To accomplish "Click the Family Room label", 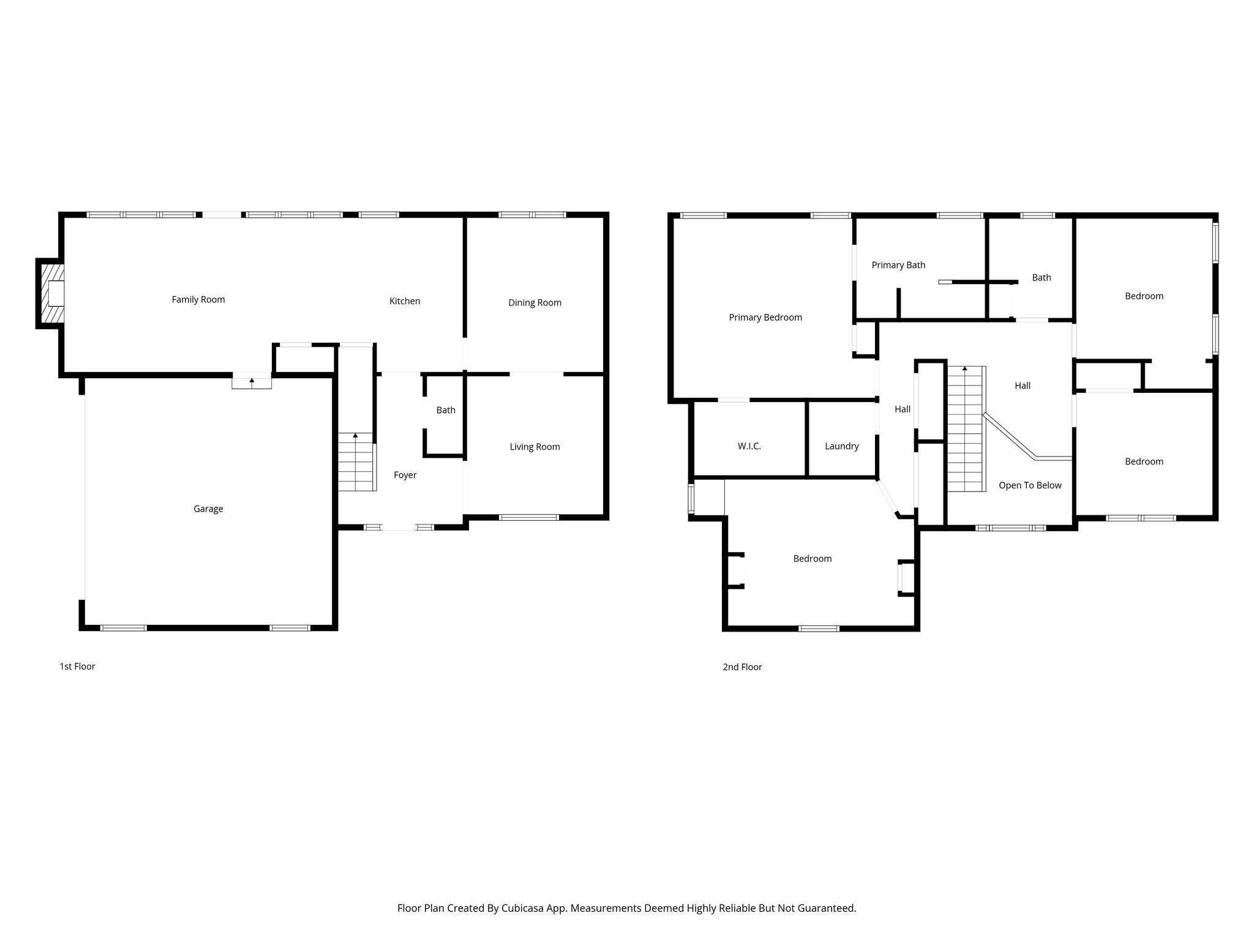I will (198, 299).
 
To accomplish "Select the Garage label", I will (208, 509).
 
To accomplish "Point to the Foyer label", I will (405, 475).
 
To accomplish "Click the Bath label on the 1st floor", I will (446, 410).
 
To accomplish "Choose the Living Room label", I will (535, 447).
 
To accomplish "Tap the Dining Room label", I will (535, 302).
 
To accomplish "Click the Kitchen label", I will (405, 300).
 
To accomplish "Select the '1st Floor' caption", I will (77, 666).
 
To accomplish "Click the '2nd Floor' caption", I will (742, 667).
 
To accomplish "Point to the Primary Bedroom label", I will (765, 317).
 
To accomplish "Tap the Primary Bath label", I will (898, 265).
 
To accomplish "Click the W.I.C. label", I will (749, 446).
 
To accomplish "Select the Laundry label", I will (841, 446).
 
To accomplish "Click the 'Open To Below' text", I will (1030, 485).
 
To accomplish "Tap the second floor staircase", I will (966, 428).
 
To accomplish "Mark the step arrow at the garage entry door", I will (252, 381).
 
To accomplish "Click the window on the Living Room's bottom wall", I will (529, 518).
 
